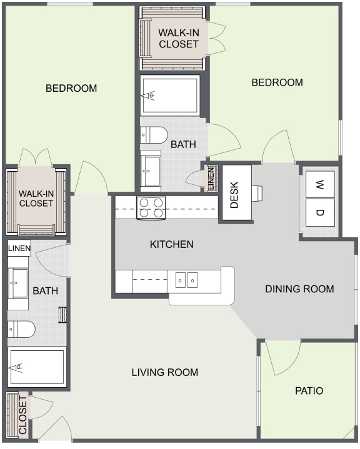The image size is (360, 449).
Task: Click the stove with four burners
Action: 150,207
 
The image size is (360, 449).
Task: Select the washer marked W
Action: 319,184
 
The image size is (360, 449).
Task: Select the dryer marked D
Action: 319,213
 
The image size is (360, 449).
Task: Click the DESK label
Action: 235,194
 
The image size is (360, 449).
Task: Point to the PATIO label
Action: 309,391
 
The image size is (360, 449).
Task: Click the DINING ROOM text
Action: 299,289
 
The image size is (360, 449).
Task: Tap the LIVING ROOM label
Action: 164,372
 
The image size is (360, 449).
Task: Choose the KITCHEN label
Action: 171,244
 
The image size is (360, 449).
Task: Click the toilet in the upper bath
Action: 154,135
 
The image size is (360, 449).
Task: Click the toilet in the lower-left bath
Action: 21,329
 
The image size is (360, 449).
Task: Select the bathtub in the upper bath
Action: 169,95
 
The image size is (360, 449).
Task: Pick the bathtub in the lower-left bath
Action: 36,368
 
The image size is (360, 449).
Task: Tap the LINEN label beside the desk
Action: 211,179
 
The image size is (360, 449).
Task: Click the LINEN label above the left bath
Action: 19,249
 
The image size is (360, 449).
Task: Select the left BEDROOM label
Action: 71,88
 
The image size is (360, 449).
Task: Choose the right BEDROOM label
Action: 277,82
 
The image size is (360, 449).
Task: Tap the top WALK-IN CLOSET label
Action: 178,38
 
